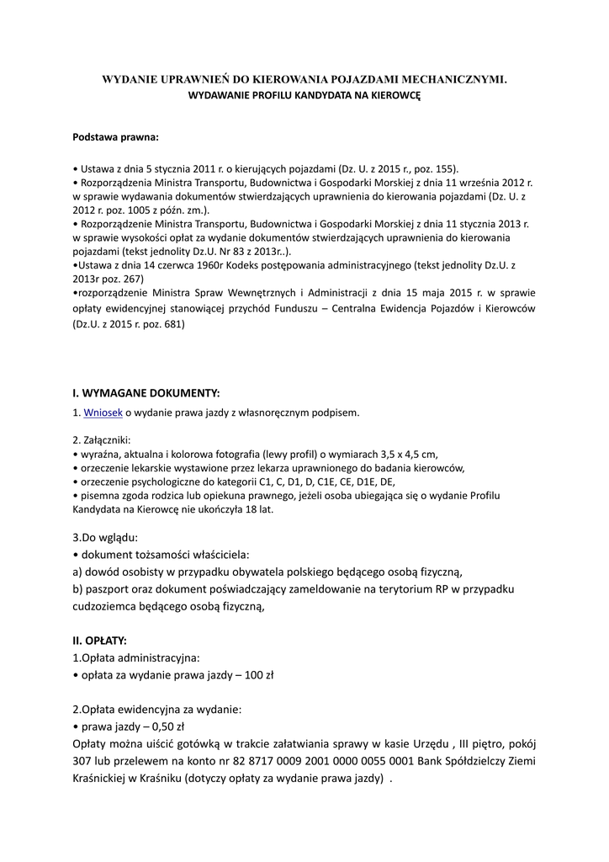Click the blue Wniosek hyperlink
click(103, 412)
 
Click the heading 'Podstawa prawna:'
click(115, 136)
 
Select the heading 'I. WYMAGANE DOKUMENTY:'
click(146, 392)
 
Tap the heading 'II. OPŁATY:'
click(99, 641)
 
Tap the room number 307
click(84, 761)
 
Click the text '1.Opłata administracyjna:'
click(137, 657)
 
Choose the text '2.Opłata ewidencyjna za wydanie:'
click(157, 709)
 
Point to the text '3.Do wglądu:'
click(106, 537)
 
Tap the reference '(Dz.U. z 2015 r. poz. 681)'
click(128, 325)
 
